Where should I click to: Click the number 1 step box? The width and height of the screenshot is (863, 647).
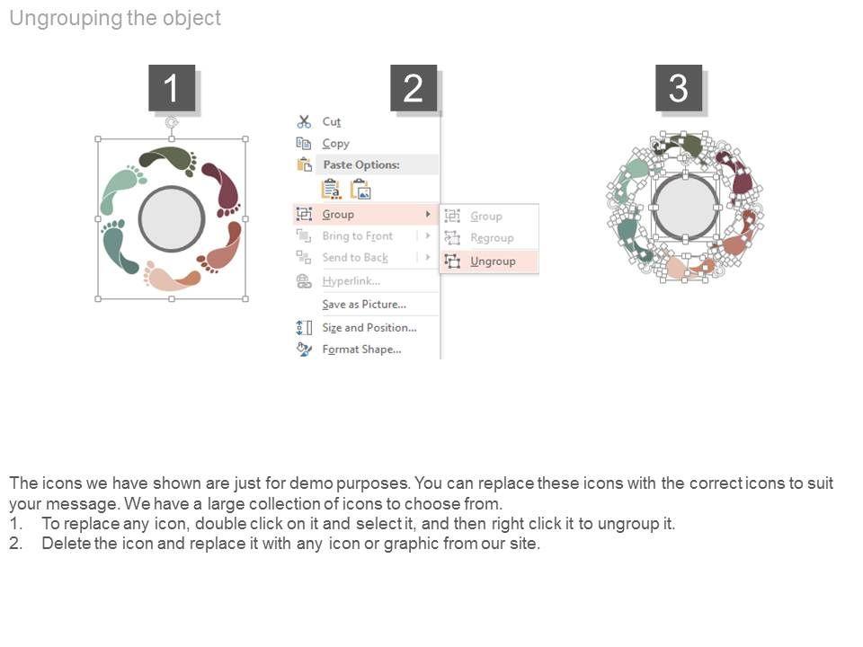[172, 88]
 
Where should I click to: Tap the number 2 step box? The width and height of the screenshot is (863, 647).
[414, 88]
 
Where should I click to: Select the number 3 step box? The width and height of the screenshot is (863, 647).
[679, 88]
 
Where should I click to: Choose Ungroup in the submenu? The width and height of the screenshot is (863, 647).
[493, 261]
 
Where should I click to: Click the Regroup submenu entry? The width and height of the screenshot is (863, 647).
[492, 237]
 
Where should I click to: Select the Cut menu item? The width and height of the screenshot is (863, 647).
[332, 121]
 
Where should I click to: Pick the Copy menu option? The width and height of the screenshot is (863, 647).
[335, 144]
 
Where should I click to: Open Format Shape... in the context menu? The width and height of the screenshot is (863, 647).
[361, 350]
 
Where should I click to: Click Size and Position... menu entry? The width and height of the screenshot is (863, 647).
[369, 327]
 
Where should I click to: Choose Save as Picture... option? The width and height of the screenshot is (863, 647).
[364, 305]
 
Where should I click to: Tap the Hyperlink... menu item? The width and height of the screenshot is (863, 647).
[351, 281]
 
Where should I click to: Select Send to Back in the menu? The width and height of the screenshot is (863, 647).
[355, 258]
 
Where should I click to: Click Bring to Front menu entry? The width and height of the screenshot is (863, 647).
[357, 236]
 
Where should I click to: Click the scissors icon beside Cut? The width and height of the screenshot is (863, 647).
[304, 121]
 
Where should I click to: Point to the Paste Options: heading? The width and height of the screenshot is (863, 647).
[361, 164]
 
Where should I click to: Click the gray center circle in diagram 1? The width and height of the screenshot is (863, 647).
[172, 218]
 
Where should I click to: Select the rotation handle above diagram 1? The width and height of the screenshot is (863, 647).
[172, 121]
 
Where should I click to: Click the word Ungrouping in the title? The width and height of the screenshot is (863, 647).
[66, 18]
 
